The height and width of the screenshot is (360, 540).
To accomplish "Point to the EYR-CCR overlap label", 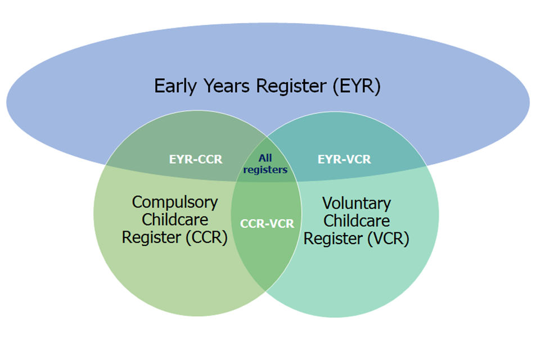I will (x=196, y=159).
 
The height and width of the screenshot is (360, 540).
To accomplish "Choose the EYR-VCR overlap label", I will (x=344, y=159).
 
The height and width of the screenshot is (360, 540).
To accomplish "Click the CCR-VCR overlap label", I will (x=267, y=223).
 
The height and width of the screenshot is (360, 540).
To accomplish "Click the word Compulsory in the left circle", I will (x=175, y=202).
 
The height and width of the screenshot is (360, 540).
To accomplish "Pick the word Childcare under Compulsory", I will (x=175, y=219).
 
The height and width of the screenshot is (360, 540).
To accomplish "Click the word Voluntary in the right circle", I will (x=356, y=203).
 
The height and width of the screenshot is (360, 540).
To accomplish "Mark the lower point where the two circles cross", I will (x=266, y=290).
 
